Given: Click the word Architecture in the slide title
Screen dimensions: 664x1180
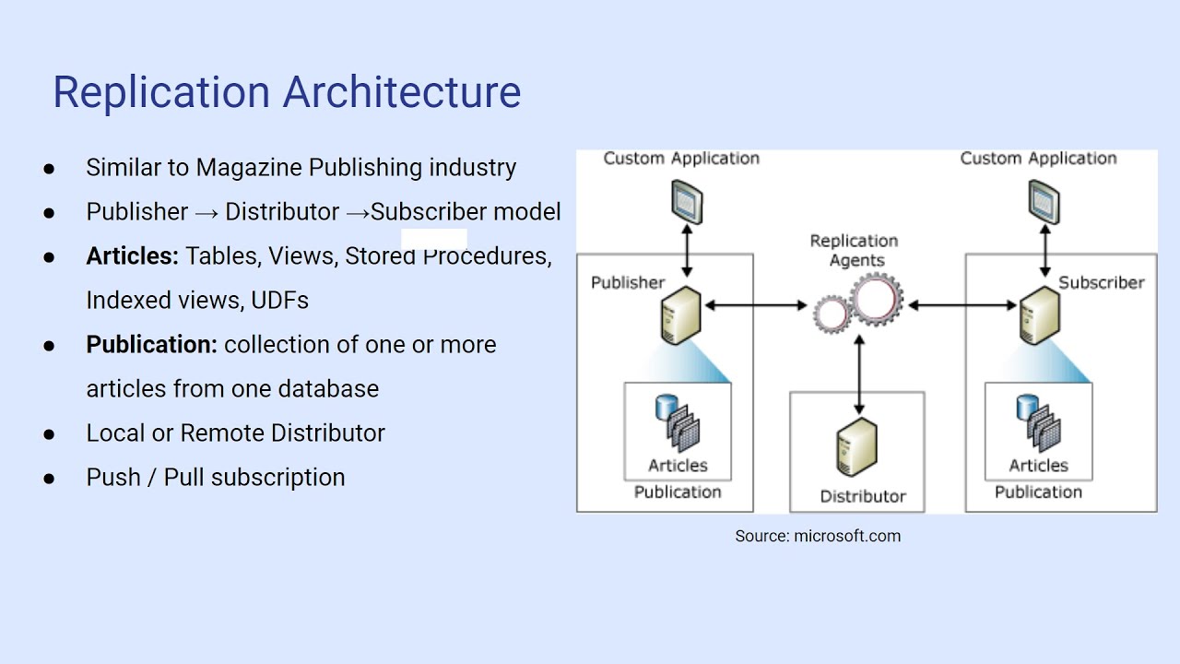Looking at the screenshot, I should pyautogui.click(x=402, y=92).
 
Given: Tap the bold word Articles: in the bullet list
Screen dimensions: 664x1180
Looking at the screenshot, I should pyautogui.click(x=132, y=256).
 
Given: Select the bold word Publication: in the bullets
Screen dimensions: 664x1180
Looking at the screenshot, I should pyautogui.click(x=152, y=345).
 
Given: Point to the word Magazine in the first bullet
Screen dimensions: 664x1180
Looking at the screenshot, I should pyautogui.click(x=249, y=168).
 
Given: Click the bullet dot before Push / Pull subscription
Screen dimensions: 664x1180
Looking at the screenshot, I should pyautogui.click(x=49, y=478).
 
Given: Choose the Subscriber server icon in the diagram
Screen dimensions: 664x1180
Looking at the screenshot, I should pyautogui.click(x=1039, y=315).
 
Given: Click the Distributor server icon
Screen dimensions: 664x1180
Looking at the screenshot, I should pyautogui.click(x=856, y=447).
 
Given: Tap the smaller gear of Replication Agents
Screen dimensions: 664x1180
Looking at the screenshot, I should pyautogui.click(x=832, y=314).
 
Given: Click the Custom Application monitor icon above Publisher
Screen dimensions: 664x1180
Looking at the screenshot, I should pyautogui.click(x=686, y=201).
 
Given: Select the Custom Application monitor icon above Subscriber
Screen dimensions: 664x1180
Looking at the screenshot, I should pyautogui.click(x=1044, y=201).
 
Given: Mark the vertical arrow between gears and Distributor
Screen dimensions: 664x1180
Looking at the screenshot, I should pyautogui.click(x=859, y=373).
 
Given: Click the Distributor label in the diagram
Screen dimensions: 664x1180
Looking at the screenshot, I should pyautogui.click(x=863, y=497).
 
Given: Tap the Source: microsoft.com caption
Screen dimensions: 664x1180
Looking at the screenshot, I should pyautogui.click(x=818, y=536).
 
